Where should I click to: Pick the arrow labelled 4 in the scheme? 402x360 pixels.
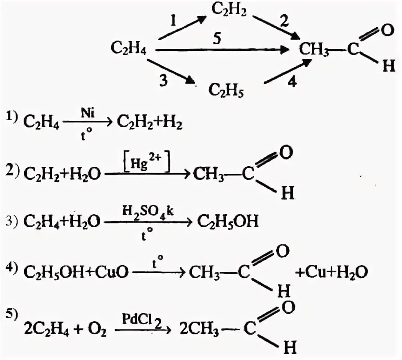[287, 72]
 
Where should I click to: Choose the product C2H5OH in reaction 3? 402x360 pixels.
[228, 222]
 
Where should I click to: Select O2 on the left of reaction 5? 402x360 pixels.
[98, 331]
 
